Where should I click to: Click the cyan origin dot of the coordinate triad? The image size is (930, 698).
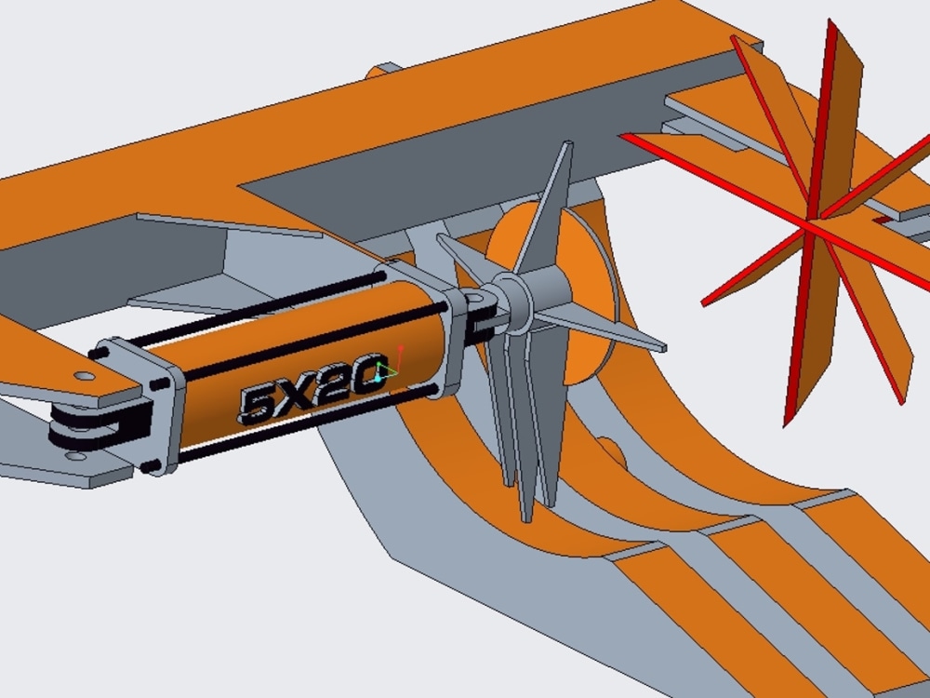tap(380, 378)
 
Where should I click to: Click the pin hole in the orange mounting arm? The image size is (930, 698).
tap(85, 377)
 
